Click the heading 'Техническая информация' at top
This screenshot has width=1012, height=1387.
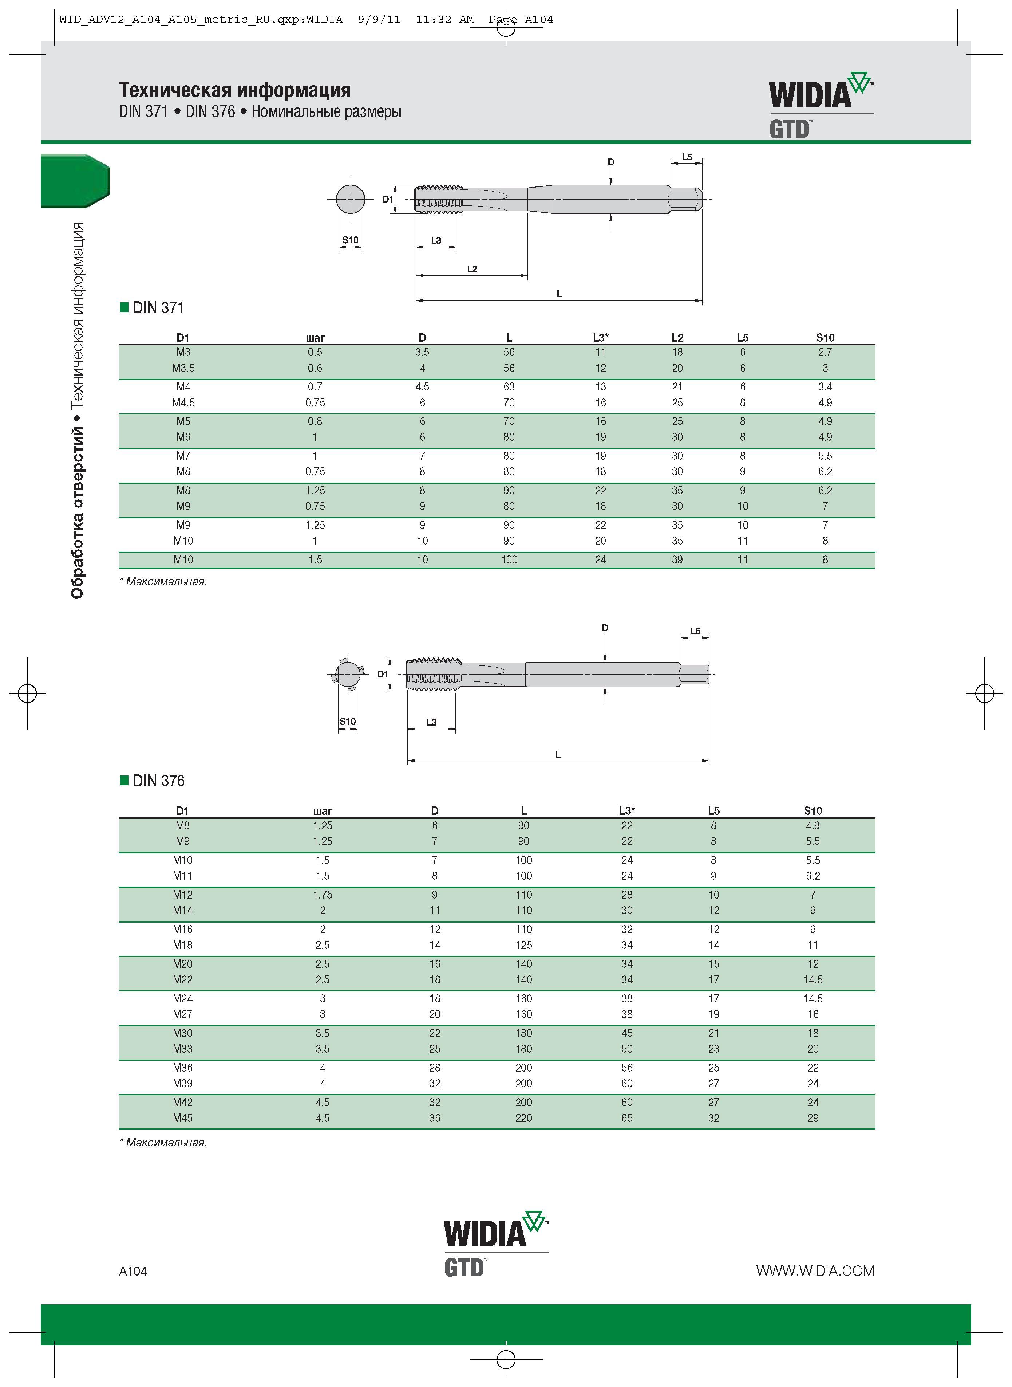[x=235, y=90]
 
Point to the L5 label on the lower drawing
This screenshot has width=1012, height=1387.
[x=695, y=631]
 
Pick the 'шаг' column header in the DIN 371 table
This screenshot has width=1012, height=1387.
[x=315, y=338]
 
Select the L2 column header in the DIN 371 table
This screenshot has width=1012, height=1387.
[x=677, y=338]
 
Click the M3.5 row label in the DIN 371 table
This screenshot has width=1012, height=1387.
[x=183, y=368]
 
